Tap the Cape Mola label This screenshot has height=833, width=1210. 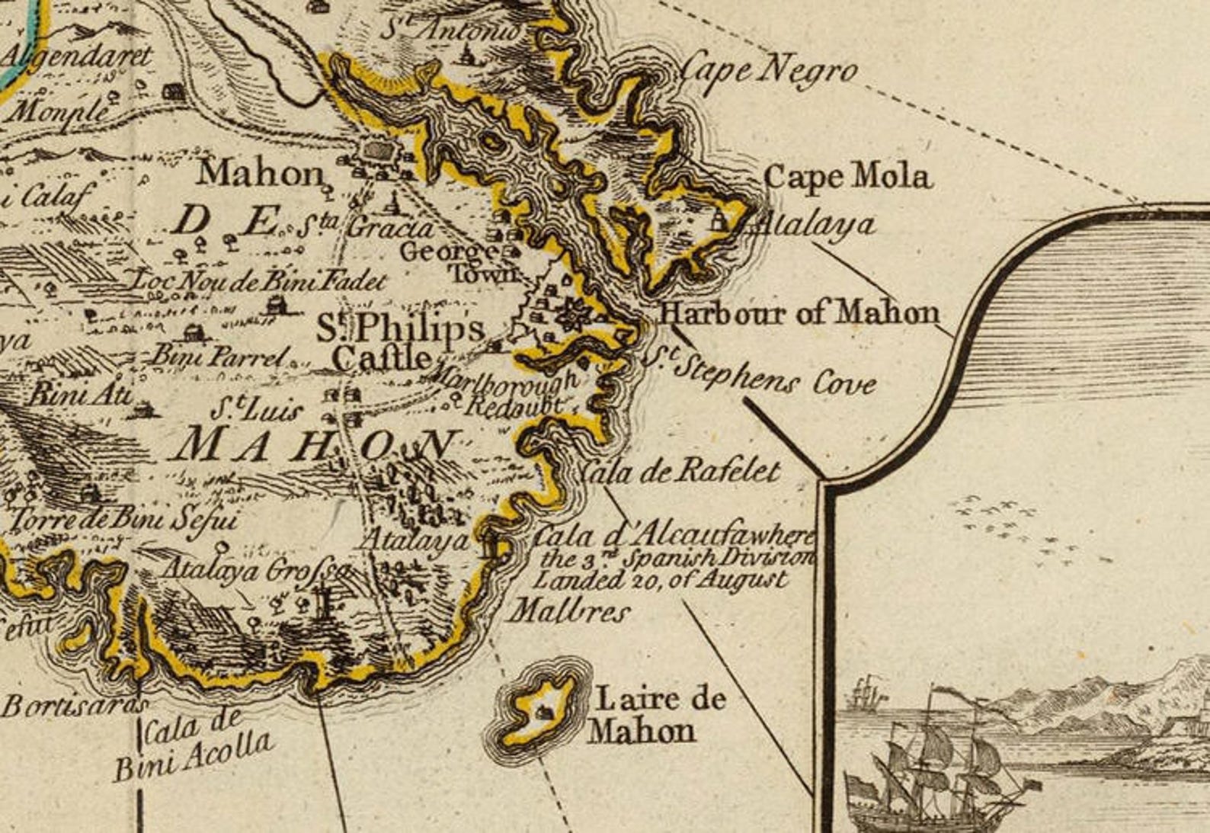tap(847, 178)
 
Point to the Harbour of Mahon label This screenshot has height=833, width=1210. tap(799, 312)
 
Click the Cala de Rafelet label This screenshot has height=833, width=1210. tap(680, 472)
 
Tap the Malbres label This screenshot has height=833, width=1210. tap(568, 611)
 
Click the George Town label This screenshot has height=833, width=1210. tap(457, 261)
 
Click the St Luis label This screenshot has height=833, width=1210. tap(256, 410)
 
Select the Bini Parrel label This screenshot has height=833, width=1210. tap(221, 355)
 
